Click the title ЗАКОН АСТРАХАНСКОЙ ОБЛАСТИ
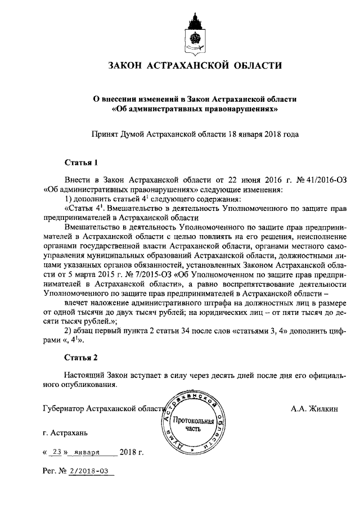(x=195, y=66)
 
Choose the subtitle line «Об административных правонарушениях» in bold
(x=195, y=108)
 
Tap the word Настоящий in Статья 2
(x=84, y=375)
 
